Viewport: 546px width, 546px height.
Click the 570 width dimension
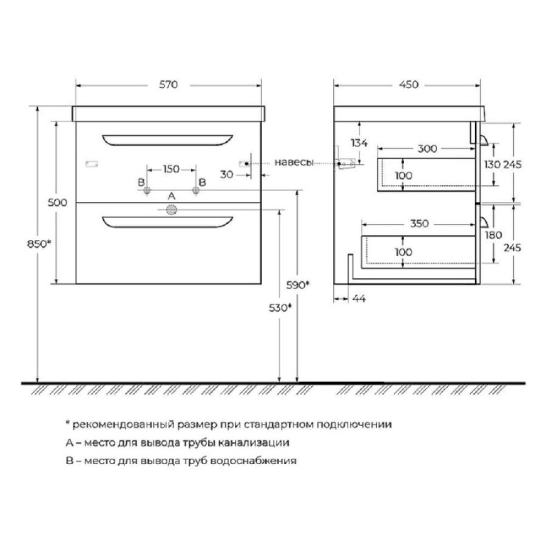(169, 84)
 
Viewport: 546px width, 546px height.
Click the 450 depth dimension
(409, 84)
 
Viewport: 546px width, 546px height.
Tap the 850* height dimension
(39, 244)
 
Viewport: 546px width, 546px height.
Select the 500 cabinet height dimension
(58, 202)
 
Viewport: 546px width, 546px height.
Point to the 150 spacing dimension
(171, 169)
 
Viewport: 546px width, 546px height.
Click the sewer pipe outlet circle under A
(171, 210)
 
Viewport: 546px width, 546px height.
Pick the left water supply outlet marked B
(147, 190)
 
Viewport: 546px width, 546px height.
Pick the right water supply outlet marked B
(196, 190)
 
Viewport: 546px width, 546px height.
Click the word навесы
(294, 162)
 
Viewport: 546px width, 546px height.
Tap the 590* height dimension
(298, 285)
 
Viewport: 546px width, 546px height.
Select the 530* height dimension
(280, 308)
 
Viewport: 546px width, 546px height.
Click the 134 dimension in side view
(359, 143)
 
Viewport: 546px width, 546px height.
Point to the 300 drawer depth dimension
(427, 149)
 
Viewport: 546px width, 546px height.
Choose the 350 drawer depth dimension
(419, 223)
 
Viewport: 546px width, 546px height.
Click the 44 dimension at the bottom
(359, 298)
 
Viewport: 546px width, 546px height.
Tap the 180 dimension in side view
(493, 235)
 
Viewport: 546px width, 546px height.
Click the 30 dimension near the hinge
(227, 175)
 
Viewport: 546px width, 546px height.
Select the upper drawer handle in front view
(167, 140)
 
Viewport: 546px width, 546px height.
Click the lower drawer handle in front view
(167, 222)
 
